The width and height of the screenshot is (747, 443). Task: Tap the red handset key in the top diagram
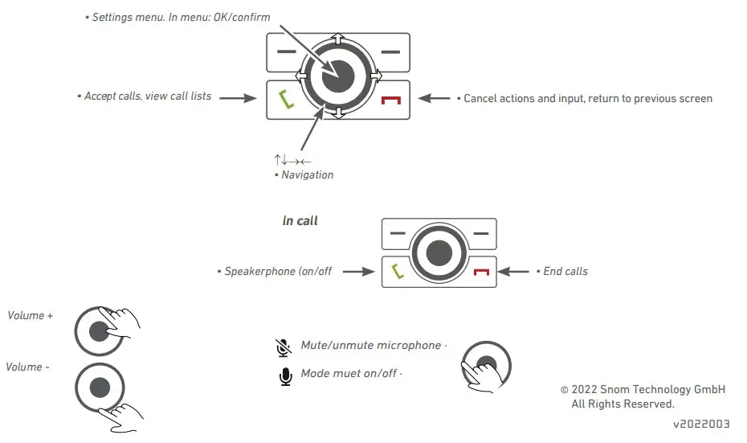tap(391, 100)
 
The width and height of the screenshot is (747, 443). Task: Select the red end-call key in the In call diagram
tap(481, 272)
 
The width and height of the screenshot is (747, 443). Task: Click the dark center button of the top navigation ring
tap(337, 76)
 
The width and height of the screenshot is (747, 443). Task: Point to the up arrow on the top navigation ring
tap(337, 39)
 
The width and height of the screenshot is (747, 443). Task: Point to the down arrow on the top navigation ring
tap(337, 113)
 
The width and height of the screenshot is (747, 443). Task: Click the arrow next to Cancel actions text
tap(435, 98)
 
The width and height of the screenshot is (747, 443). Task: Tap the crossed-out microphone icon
tap(283, 347)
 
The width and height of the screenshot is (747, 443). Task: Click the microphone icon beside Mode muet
tap(284, 375)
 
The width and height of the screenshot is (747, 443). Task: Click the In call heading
tap(300, 220)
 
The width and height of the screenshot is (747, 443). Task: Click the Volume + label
tap(30, 315)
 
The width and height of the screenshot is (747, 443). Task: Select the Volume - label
tap(27, 367)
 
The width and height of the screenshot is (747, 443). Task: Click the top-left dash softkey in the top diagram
tap(286, 51)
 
